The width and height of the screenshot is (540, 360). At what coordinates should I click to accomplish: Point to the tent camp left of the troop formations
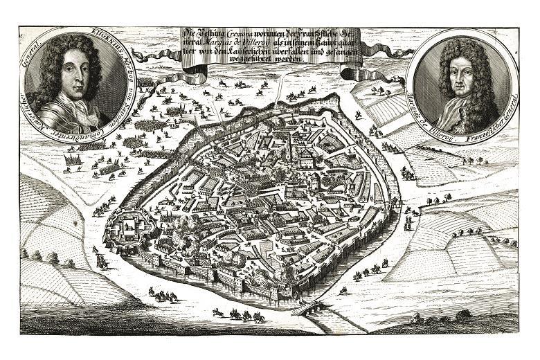tap(73, 163)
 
